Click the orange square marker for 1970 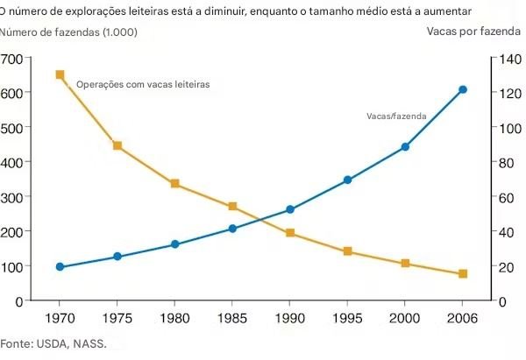pos(60,75)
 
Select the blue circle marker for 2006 pos(463,90)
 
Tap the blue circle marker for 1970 pos(60,267)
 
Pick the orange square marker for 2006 pos(463,274)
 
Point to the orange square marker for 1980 pos(174,184)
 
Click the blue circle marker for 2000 pos(405,147)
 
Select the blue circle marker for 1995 pos(347,180)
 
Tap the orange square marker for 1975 pos(117,145)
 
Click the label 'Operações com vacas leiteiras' pos(143,85)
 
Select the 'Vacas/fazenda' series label pos(394,116)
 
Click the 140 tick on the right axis pos(510,59)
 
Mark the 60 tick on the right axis pos(507,197)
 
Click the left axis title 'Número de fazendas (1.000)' pos(68,32)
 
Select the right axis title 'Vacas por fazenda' pos(473,32)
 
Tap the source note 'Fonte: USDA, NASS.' pos(53,342)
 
